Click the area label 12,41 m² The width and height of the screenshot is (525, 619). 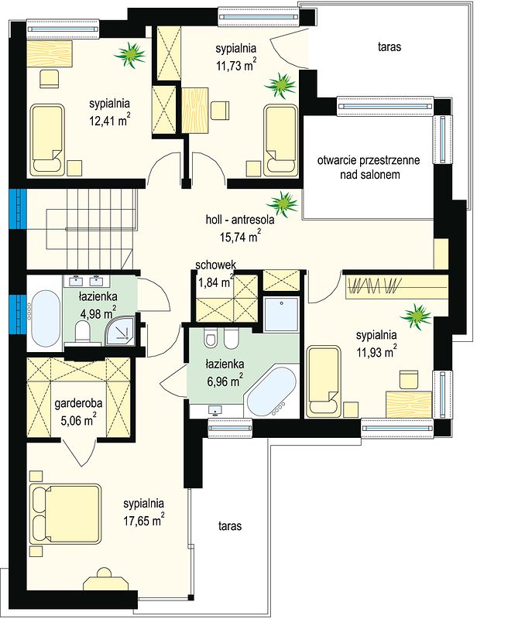tap(110, 120)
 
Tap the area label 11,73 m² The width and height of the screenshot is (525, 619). tap(236, 64)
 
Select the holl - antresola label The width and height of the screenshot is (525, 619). tap(240, 220)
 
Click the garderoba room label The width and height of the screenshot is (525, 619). tap(78, 403)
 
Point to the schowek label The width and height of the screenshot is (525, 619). tap(216, 265)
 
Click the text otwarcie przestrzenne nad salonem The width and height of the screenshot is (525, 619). tap(369, 167)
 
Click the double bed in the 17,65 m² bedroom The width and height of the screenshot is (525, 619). tap(65, 514)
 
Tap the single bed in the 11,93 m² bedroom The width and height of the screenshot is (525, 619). tap(324, 381)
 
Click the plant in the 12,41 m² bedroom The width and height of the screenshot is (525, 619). tap(130, 55)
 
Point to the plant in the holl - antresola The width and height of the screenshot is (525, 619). tap(283, 204)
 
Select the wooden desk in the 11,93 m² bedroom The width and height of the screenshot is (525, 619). tap(409, 404)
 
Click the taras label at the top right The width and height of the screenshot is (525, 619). tap(389, 47)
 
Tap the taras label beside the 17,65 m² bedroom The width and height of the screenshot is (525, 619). tap(229, 526)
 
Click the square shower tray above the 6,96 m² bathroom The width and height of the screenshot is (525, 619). tap(281, 314)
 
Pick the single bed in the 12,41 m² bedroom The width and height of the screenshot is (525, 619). tap(46, 140)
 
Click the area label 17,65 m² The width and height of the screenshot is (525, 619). tap(144, 520)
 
